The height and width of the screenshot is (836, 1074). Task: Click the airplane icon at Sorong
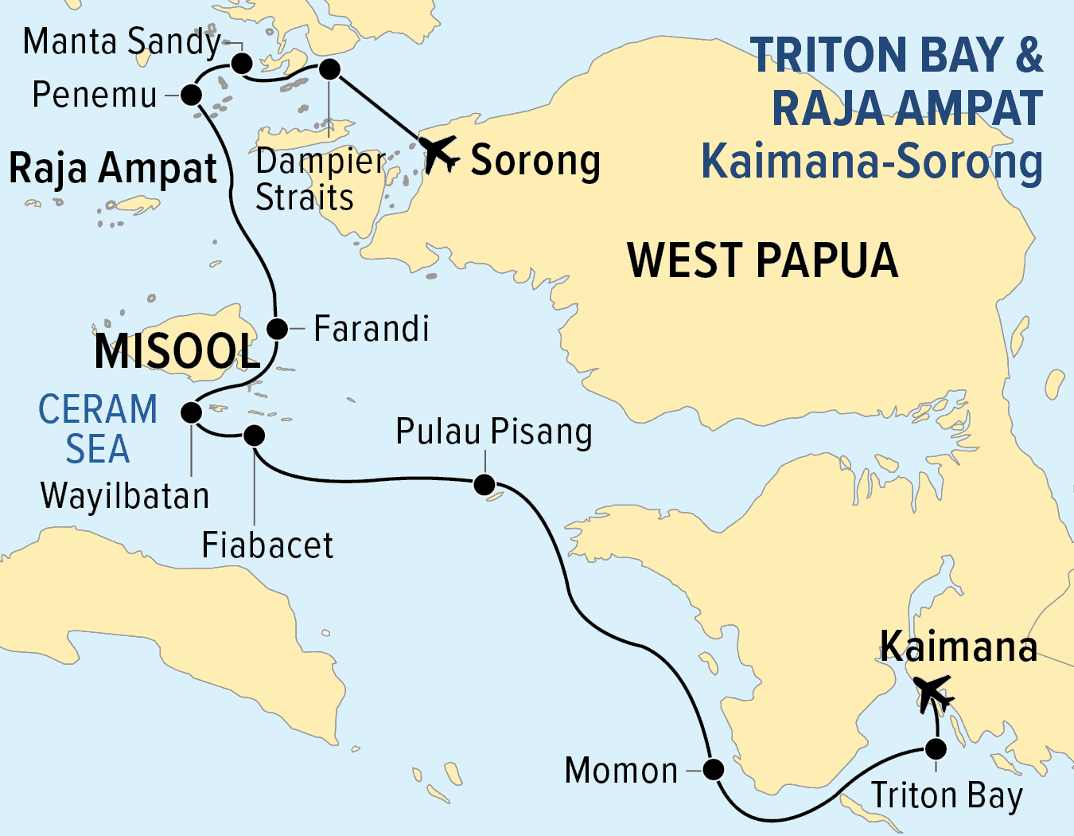pyautogui.click(x=438, y=153)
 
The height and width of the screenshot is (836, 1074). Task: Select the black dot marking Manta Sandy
pyautogui.click(x=242, y=63)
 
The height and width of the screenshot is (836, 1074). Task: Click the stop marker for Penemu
pyautogui.click(x=191, y=96)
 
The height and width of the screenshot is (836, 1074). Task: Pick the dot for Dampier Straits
pyautogui.click(x=329, y=69)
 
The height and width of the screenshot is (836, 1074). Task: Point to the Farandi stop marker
pyautogui.click(x=277, y=328)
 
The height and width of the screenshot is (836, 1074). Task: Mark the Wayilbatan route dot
pyautogui.click(x=191, y=412)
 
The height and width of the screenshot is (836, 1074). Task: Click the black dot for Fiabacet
pyautogui.click(x=254, y=435)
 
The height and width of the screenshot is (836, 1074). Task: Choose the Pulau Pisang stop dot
pyautogui.click(x=484, y=484)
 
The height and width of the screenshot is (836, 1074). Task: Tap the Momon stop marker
pyautogui.click(x=714, y=769)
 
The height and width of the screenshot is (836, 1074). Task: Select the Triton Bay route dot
pyautogui.click(x=936, y=749)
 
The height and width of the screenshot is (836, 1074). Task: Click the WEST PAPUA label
pyautogui.click(x=762, y=261)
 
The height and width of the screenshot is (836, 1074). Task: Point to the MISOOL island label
pyautogui.click(x=177, y=352)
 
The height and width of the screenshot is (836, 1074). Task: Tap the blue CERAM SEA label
pyautogui.click(x=98, y=429)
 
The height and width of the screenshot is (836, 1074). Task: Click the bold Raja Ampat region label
pyautogui.click(x=113, y=169)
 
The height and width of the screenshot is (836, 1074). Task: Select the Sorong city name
pyautogui.click(x=535, y=161)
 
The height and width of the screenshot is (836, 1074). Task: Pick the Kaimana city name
pyautogui.click(x=958, y=647)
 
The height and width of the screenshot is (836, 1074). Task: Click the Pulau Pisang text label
pyautogui.click(x=494, y=432)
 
